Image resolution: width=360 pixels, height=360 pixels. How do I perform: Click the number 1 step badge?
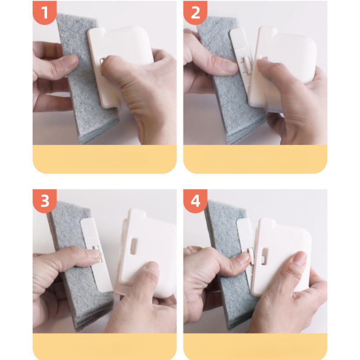tap(45, 12)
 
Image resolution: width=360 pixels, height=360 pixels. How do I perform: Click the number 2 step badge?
tap(195, 12)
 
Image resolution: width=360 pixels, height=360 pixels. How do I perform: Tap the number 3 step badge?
tap(45, 201)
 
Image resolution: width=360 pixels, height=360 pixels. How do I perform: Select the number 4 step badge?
tap(195, 201)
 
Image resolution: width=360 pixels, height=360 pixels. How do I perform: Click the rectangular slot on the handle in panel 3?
tap(133, 246)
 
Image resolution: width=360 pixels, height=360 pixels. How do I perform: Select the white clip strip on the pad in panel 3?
tap(96, 255)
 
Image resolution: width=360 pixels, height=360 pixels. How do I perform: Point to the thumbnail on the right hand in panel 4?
tap(300, 260)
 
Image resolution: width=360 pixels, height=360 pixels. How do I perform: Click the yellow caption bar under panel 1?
tap(105, 159)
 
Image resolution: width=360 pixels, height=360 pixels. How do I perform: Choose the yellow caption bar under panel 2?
tap(255, 159)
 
